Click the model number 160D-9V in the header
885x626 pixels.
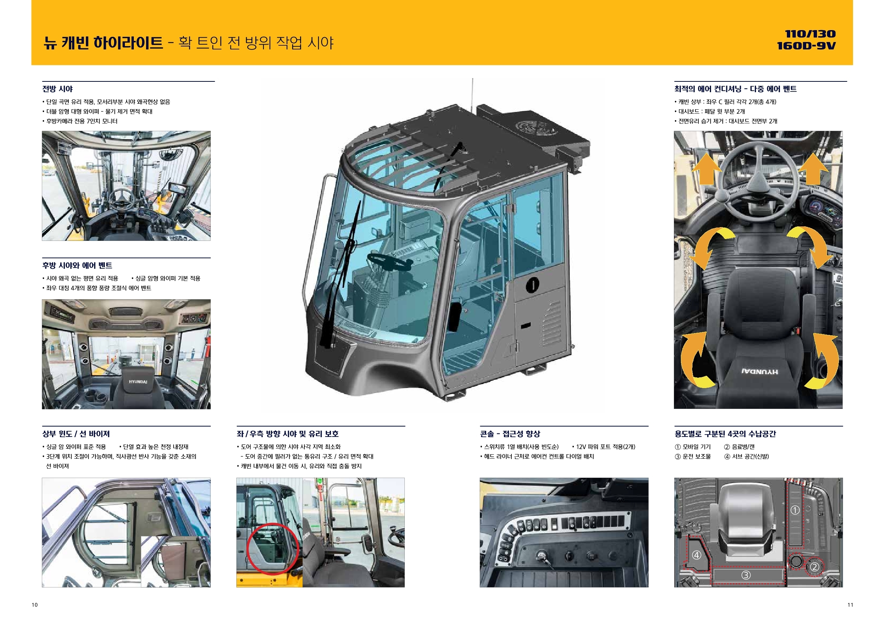pos(806,46)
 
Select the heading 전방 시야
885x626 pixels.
pos(58,89)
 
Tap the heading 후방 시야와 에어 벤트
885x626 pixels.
pos(77,265)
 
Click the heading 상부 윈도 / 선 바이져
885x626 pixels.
pos(76,434)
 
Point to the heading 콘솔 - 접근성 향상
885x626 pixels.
pos(510,434)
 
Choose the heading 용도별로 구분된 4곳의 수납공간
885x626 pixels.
pos(725,434)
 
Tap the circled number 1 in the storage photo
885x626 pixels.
pos(795,510)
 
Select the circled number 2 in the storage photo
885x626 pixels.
pos(814,567)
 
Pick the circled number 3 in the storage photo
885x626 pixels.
pos(746,575)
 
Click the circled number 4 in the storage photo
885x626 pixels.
pos(697,555)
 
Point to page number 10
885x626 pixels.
pos(35,605)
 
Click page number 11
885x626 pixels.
pos(850,605)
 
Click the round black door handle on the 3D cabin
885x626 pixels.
pos(533,285)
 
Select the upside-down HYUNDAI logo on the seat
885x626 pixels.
pos(760,372)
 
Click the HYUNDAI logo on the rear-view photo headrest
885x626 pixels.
pos(138,382)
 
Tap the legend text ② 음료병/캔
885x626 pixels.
pos(739,447)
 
